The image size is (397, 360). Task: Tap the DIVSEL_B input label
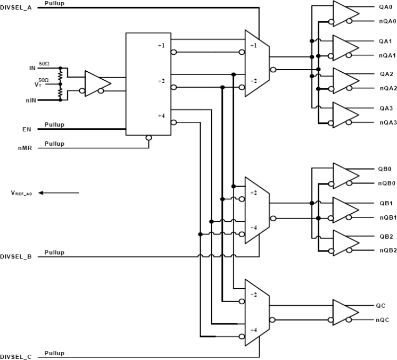pos(16,257)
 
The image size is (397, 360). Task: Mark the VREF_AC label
pos(21,194)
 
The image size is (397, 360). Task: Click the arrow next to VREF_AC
pos(59,193)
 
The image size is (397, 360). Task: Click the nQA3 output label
pos(387,123)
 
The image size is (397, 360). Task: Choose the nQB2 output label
pos(387,250)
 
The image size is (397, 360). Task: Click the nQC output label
pos(385,320)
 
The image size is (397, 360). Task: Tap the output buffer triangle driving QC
pos(345,313)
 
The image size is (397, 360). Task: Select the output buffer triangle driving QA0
pos(345,13)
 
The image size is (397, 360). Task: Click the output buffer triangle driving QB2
pos(345,243)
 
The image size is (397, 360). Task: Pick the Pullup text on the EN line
pos(54,125)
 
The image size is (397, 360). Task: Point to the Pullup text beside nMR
pos(54,144)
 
